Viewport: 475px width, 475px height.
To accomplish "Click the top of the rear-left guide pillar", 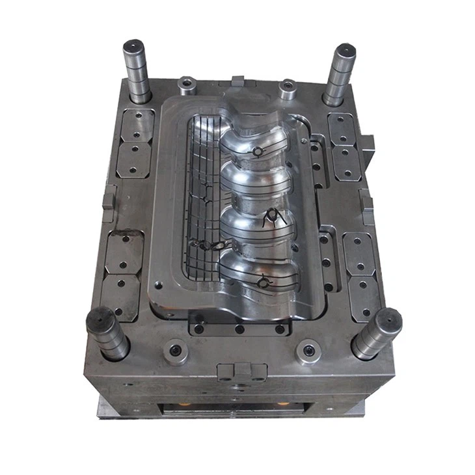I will pyautogui.click(x=134, y=47).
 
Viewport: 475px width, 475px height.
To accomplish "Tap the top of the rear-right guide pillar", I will pyautogui.click(x=344, y=50).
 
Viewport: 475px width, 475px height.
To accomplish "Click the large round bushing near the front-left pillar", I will pyautogui.click(x=175, y=351).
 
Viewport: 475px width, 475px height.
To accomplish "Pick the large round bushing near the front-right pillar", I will pyautogui.click(x=308, y=351).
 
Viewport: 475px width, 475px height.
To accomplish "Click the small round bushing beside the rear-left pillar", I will pyautogui.click(x=187, y=83).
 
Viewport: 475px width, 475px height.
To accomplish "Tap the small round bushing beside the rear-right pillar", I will pyautogui.click(x=287, y=86).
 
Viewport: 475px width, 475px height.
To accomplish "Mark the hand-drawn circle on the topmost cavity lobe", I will pyautogui.click(x=258, y=152).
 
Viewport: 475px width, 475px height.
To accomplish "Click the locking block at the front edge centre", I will pyautogui.click(x=242, y=371).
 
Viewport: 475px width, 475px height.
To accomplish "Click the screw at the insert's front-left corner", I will pyautogui.click(x=157, y=284).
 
